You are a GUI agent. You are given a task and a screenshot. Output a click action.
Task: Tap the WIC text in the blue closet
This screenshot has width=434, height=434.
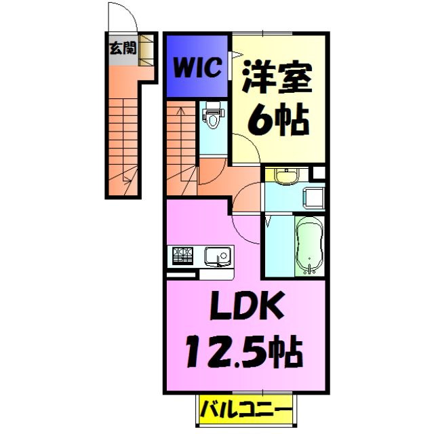(x=196, y=67)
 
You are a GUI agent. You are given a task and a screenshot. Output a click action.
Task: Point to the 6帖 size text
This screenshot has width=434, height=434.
(x=278, y=120)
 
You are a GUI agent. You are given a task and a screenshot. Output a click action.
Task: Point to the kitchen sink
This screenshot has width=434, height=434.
(x=217, y=257)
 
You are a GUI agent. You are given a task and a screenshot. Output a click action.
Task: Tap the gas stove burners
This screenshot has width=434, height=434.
(x=181, y=257)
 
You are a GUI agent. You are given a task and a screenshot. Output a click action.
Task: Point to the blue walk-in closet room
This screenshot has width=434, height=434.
(x=196, y=67)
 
